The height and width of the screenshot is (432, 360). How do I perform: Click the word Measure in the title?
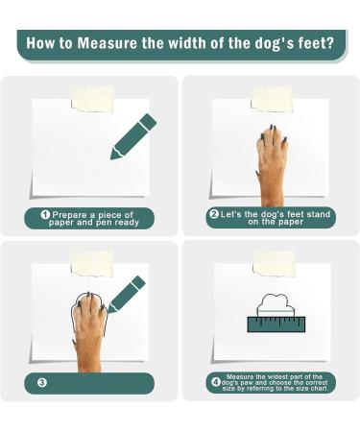pos(108,43)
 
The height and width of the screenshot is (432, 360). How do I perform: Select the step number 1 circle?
pos(45,214)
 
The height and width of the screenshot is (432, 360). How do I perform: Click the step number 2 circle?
pos(214,214)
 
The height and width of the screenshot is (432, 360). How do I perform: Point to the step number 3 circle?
pos(42,383)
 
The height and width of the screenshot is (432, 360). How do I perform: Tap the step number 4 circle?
pos(216,382)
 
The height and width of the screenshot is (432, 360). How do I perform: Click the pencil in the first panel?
pos(133,136)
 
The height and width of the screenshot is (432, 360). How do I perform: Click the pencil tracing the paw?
pos(127,295)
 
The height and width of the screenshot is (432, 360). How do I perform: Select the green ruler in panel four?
pos(276,324)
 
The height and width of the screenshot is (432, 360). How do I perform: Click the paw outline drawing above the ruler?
pos(276,304)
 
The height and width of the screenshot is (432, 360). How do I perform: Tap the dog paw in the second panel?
pos(272,166)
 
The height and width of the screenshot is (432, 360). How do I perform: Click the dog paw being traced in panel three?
pos(88,332)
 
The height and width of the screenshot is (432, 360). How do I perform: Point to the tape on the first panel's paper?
pos(92,99)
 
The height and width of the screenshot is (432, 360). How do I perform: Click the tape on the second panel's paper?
pos(272,99)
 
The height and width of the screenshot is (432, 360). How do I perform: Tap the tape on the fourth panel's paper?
pos(274,264)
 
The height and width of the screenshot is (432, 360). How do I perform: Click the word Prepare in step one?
pos(69,215)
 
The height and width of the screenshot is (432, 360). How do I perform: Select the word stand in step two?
pos(318,214)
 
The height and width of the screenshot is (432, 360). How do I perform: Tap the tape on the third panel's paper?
pos(92,264)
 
